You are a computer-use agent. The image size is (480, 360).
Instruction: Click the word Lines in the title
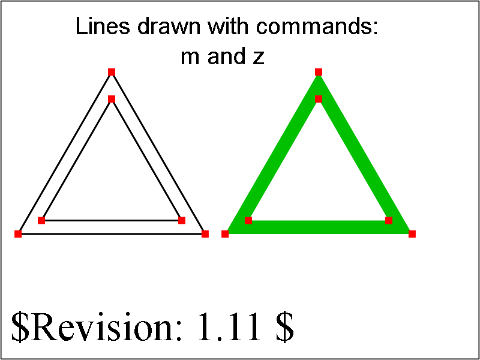103,26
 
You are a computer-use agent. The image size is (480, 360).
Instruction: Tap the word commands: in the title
317,26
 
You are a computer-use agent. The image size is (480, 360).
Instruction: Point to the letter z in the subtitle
259,58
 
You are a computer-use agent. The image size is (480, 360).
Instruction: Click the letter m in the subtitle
191,58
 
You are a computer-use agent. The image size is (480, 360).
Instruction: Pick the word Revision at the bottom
104,326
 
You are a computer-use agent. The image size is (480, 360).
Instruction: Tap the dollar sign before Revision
19,327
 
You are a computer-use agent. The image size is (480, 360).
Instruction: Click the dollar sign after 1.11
286,327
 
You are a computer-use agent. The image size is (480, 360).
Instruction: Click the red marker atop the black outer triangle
112,72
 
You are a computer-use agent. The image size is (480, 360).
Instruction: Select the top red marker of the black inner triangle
112,99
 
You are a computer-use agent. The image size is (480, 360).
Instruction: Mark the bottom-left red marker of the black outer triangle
18,234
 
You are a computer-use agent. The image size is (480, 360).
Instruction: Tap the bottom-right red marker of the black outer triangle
205,234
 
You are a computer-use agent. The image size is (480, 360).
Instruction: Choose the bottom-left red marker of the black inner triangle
41,220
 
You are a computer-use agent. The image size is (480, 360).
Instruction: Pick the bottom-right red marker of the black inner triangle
182,220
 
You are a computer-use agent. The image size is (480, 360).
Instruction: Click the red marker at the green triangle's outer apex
319,72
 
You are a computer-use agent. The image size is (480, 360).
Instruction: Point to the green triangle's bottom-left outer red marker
225,234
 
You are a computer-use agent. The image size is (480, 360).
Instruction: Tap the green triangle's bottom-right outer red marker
412,234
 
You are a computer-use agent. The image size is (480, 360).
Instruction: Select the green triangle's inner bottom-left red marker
248,220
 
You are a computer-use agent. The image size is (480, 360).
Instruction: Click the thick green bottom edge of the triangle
319,227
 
